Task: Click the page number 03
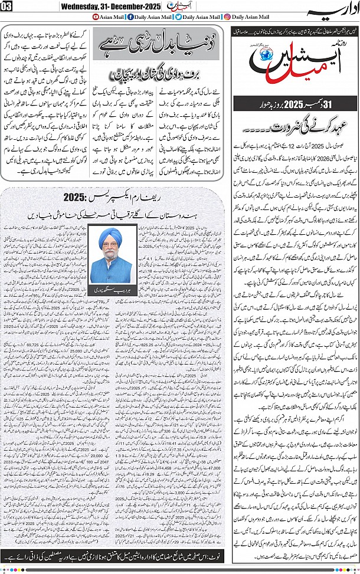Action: [x=8, y=8]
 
